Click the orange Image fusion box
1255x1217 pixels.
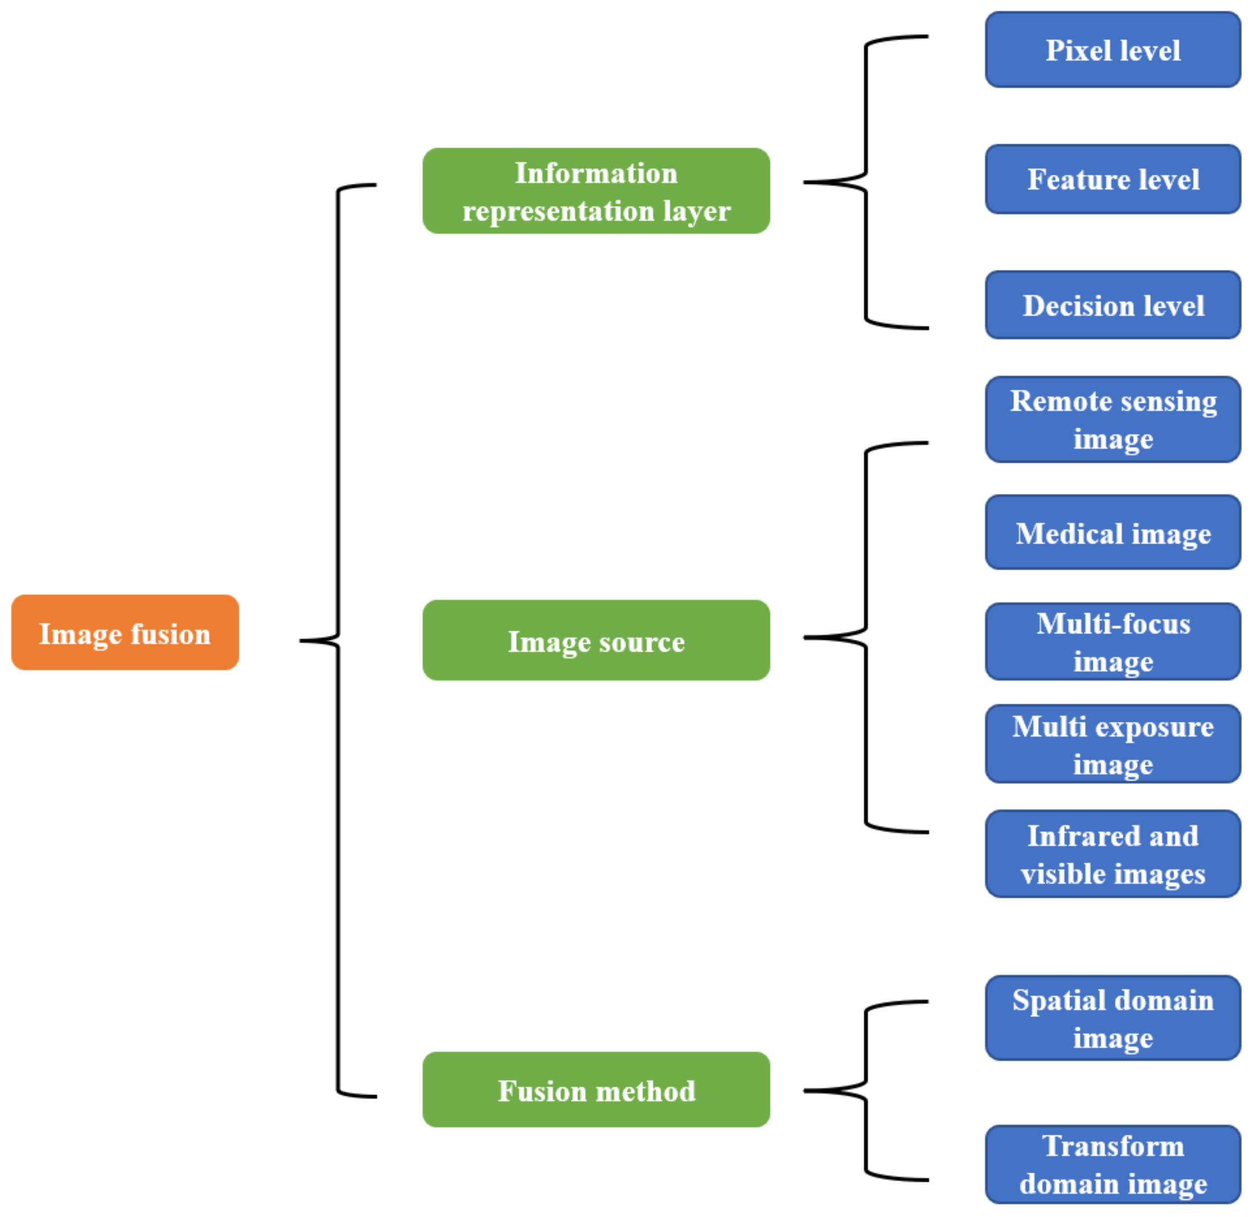[125, 632]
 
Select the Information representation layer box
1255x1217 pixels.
[596, 191]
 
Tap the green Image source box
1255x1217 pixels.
[596, 640]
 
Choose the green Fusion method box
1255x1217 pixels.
[596, 1089]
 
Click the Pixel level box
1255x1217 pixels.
[1112, 50]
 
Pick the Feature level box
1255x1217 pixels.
[1112, 179]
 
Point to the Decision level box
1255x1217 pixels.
[1112, 305]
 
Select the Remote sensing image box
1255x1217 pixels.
[1112, 419]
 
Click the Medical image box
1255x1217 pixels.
[1112, 532]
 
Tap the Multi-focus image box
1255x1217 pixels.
[1112, 641]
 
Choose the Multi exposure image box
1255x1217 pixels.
[1112, 744]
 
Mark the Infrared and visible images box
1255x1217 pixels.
[1112, 854]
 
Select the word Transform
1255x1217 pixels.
[1113, 1146]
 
